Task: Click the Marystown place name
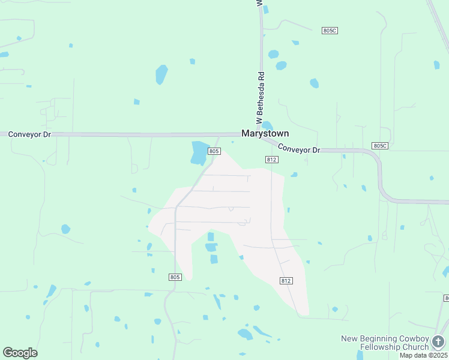tap(265, 134)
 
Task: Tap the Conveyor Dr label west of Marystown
tap(29, 134)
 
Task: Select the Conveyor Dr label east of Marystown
tap(300, 149)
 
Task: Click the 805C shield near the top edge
tap(330, 31)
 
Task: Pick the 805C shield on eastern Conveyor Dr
tap(380, 146)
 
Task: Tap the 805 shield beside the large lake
tap(214, 151)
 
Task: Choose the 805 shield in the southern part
tap(175, 277)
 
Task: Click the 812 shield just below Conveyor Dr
tap(271, 159)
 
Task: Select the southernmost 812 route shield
tap(286, 281)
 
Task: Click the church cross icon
tap(439, 343)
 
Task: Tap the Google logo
tap(20, 353)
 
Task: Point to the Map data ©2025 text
tap(424, 355)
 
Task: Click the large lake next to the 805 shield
tap(198, 152)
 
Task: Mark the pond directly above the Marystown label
tap(267, 124)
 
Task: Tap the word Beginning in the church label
tap(380, 339)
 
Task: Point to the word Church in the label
tap(417, 347)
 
